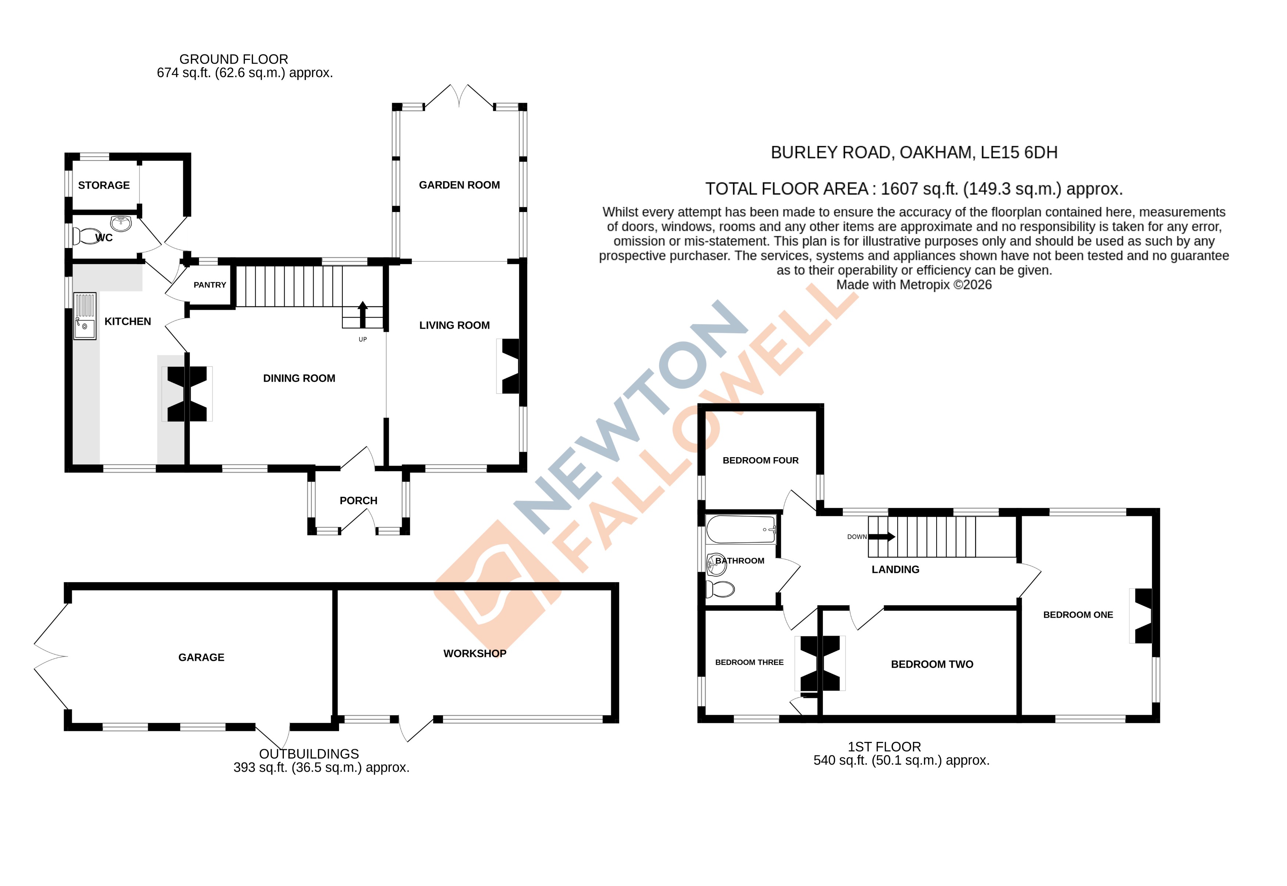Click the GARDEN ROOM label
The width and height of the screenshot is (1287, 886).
[459, 185]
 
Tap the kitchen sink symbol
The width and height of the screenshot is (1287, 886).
[85, 316]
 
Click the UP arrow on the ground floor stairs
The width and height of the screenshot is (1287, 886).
[363, 314]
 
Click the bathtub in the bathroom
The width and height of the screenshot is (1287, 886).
[741, 529]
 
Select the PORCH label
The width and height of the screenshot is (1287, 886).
[358, 501]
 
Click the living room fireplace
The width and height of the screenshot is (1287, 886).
[509, 366]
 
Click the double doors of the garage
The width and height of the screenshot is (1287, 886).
[51, 657]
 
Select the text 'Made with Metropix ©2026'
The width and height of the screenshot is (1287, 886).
[914, 285]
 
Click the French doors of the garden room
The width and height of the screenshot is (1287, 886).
[459, 96]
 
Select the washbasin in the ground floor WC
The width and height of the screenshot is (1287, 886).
[121, 223]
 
